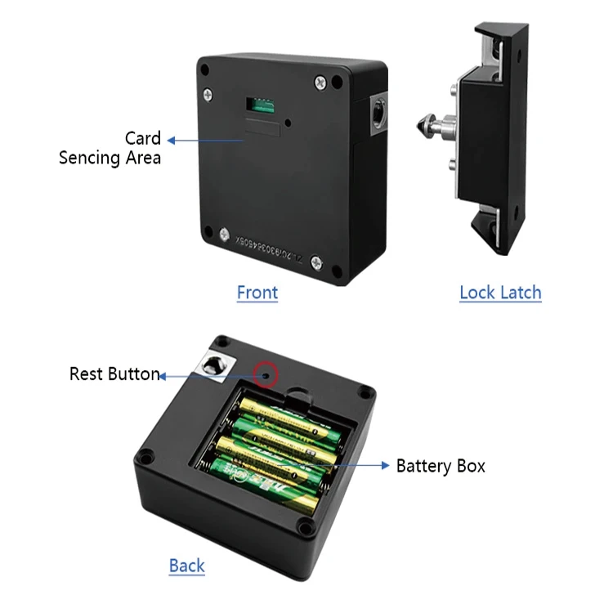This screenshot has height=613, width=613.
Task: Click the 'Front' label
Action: [257, 292]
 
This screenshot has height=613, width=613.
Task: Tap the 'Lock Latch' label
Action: [500, 292]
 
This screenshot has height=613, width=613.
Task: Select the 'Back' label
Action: [186, 565]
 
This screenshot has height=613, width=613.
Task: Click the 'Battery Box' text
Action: [441, 466]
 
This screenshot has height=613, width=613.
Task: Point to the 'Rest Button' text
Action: [114, 374]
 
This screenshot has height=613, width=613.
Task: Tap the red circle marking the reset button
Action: [266, 375]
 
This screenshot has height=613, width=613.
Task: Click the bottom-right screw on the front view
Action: [316, 262]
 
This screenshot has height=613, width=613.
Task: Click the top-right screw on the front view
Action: [338, 82]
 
